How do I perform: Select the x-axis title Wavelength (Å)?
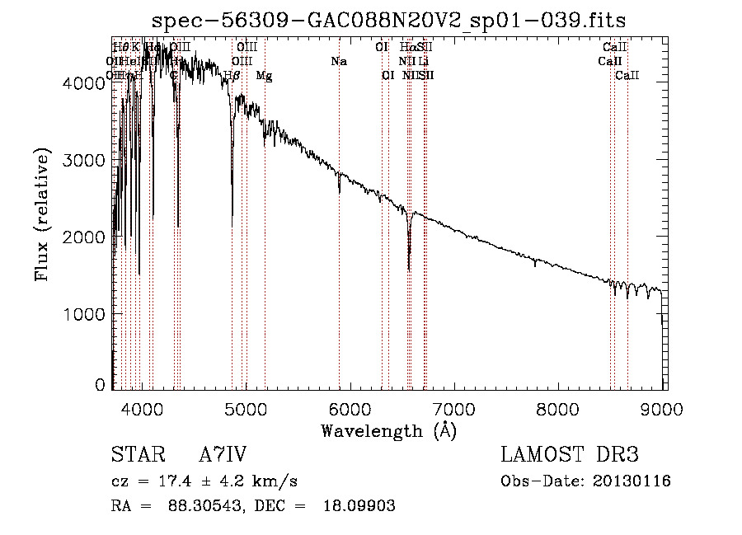pos(388,429)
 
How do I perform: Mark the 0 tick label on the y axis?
pos(100,385)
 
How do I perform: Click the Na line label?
pos(339,61)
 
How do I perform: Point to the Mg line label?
pos(264,76)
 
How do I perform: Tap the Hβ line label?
pos(232,76)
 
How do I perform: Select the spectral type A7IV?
pos(223,455)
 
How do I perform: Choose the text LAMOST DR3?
pos(569,455)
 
